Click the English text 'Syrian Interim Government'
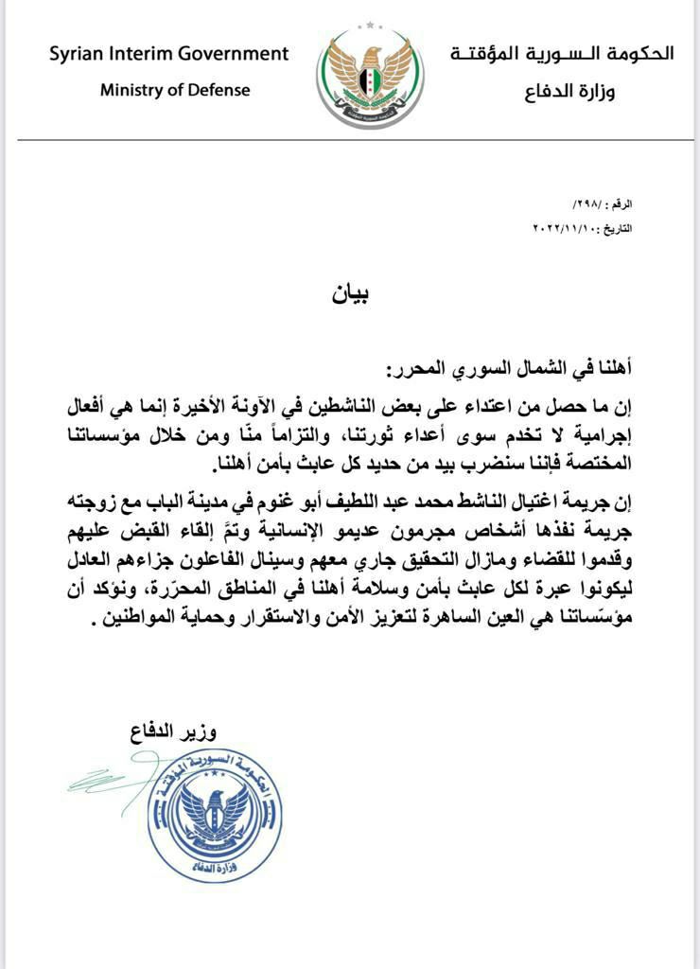pos(169,54)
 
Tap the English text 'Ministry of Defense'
pos(176,91)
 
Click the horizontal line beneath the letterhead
pos(350,140)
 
